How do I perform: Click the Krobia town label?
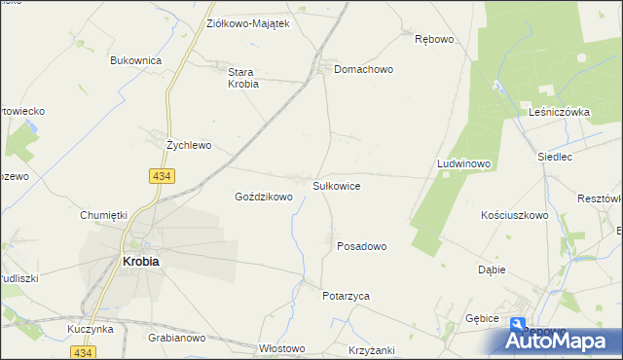point(139,262)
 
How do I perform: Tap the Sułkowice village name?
point(337,184)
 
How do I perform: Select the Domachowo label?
point(363,70)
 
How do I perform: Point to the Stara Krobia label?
point(242,78)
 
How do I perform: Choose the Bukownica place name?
point(135,60)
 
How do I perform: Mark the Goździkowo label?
point(264,197)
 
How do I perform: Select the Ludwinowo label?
point(463,164)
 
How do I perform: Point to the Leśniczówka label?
point(560,113)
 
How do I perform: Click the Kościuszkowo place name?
point(515,215)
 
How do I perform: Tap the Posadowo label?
point(362,247)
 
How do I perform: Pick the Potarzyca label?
point(347,296)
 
